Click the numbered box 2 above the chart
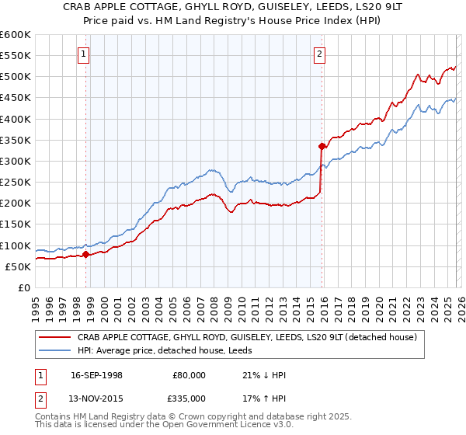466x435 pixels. tap(319, 54)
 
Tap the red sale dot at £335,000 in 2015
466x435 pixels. tap(321, 146)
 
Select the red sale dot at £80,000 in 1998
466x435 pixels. tap(85, 254)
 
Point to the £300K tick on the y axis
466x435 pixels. tap(16, 161)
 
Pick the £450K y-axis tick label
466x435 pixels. tap(16, 98)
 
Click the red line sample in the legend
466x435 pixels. tap(55, 337)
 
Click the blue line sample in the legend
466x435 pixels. tap(55, 350)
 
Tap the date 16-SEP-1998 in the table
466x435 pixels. tap(97, 375)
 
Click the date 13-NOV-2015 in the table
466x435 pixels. tap(97, 398)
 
